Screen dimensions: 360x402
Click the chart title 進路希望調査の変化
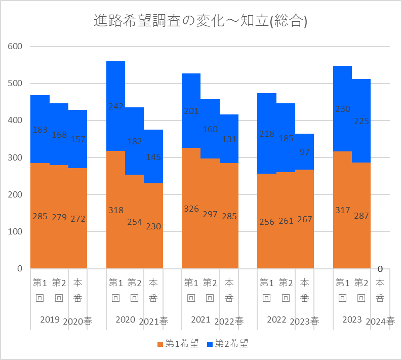(201, 21)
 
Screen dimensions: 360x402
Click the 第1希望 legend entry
(178, 344)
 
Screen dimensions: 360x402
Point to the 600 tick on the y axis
(16, 47)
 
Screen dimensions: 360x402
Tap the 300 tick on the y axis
(16, 157)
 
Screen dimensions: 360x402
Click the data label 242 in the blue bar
(115, 106)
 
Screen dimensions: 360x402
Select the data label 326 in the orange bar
(191, 209)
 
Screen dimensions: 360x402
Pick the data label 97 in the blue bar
(305, 152)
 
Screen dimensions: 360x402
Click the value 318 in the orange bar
(115, 210)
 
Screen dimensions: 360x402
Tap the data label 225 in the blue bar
(361, 121)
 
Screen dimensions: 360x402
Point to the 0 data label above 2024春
(380, 268)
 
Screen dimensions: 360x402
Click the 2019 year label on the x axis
(50, 320)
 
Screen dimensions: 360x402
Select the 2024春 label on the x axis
(380, 321)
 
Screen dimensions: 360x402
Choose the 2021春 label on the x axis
(153, 321)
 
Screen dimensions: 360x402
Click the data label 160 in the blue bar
(210, 129)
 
